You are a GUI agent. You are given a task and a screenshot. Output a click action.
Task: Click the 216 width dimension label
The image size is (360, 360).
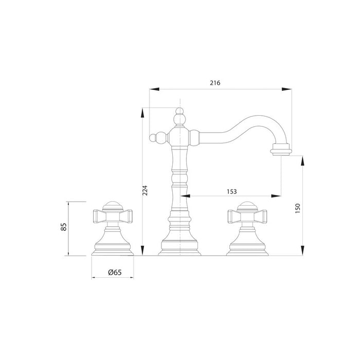tap(215, 83)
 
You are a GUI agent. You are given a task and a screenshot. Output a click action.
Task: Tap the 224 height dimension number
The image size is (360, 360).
tap(145, 190)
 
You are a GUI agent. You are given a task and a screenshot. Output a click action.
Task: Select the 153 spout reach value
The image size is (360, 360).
tap(231, 191)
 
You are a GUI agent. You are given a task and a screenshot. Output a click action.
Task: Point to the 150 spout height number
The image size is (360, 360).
tap(298, 208)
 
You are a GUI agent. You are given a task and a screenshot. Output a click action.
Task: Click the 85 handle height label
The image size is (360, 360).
tap(64, 227)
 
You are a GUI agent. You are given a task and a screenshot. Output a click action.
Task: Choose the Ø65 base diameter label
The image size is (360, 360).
tap(115, 272)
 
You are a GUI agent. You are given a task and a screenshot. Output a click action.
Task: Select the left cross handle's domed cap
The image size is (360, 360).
tap(113, 206)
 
